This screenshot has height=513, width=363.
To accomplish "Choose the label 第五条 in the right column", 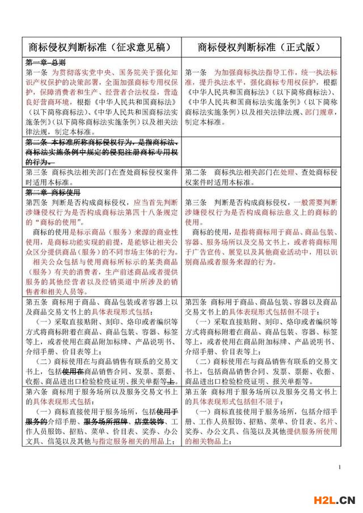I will tap(195, 392).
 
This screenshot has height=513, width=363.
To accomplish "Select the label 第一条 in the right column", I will tap(195, 73).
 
